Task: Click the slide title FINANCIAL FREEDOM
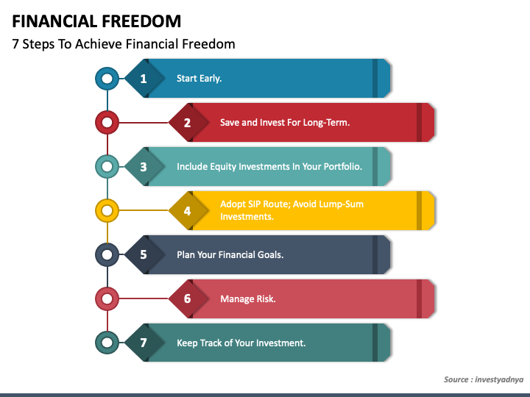(x=96, y=21)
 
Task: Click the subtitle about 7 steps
(x=124, y=44)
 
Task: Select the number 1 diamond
(x=144, y=78)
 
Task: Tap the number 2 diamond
(x=187, y=122)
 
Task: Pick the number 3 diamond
(x=144, y=166)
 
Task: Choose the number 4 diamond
(x=187, y=211)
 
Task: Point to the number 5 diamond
(x=144, y=254)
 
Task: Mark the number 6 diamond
(x=187, y=298)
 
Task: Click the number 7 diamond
(x=144, y=343)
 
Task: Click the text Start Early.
(x=199, y=78)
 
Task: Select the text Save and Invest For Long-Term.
(x=284, y=122)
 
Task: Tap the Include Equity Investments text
(x=269, y=166)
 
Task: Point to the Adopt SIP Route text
(x=291, y=210)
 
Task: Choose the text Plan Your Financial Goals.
(x=230, y=254)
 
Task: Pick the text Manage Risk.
(x=247, y=298)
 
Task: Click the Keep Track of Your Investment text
(x=241, y=343)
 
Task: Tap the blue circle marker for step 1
(x=107, y=78)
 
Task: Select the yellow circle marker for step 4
(x=107, y=211)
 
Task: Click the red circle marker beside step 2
(x=107, y=122)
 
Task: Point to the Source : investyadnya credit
(x=483, y=379)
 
